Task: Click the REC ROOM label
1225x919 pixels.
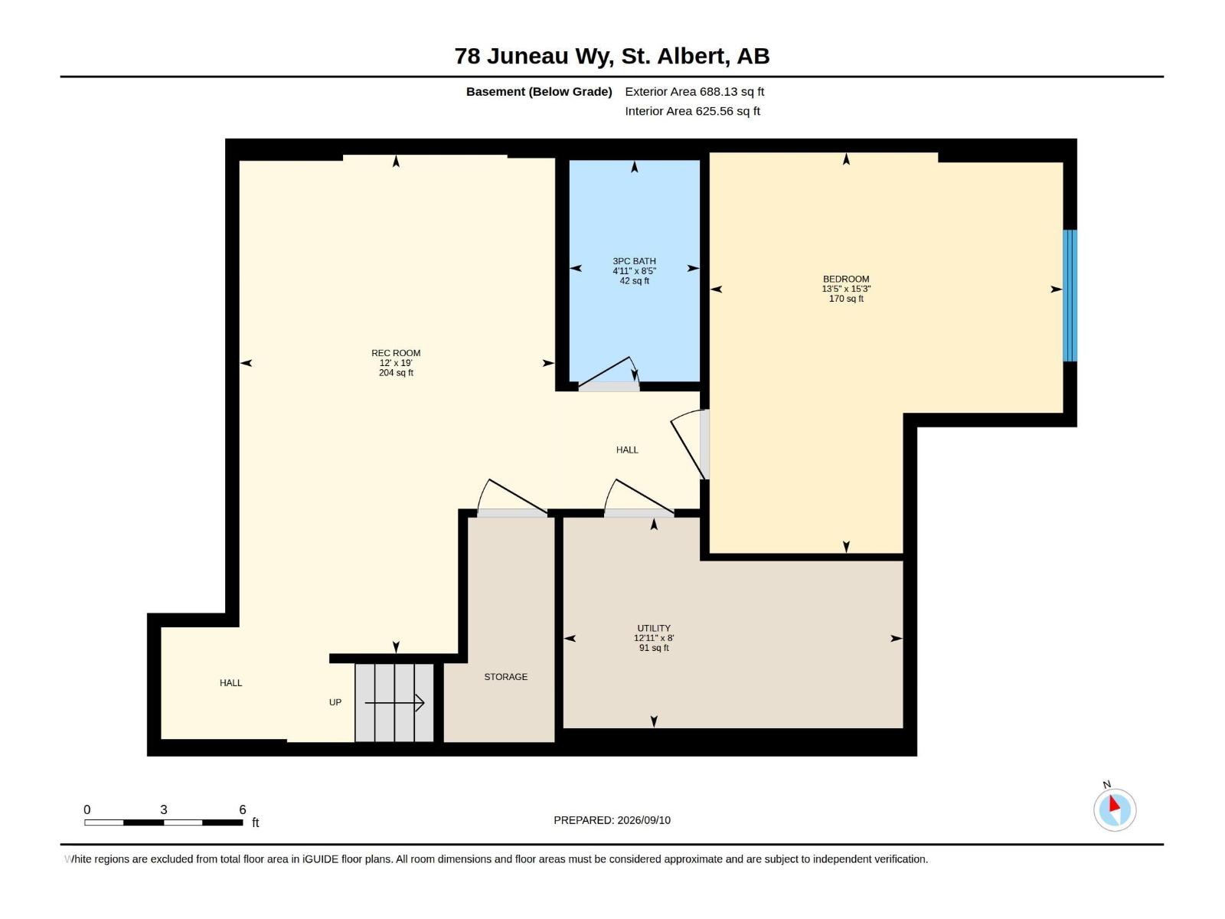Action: click(396, 353)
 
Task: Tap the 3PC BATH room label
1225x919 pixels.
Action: click(634, 261)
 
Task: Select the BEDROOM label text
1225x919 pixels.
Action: click(846, 279)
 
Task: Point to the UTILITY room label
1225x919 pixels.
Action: click(654, 628)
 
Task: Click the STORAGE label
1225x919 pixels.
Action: click(505, 677)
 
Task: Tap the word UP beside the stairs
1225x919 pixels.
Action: click(335, 702)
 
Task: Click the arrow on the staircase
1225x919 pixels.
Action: click(394, 703)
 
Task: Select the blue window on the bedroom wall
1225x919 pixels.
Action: click(1070, 296)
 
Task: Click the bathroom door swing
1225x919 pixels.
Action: click(609, 373)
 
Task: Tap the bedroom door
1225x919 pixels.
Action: click(688, 444)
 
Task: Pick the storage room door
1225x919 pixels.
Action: click(511, 498)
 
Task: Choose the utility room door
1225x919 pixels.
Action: click(639, 498)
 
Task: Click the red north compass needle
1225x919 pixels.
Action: click(1113, 804)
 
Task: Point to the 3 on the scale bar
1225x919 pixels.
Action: click(164, 809)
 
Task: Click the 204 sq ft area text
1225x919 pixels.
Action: click(396, 373)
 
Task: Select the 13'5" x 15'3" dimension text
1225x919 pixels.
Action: click(846, 289)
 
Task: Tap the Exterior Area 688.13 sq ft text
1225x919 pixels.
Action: click(694, 91)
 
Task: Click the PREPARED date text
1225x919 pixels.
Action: click(612, 820)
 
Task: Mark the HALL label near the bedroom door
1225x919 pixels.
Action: click(627, 450)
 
